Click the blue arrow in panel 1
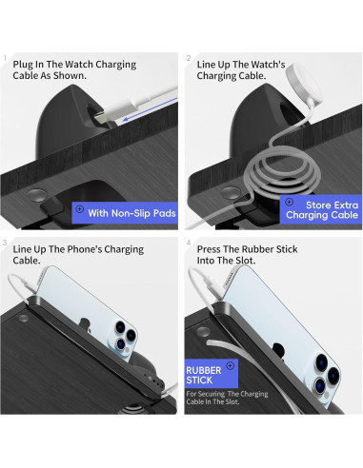point(150,109)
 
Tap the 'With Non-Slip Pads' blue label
point(125,213)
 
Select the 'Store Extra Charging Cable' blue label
point(321,209)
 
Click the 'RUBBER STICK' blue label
point(212,374)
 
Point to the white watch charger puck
point(304,84)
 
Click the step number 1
point(5,58)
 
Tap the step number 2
point(189,58)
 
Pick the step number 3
point(5,243)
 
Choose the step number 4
point(189,243)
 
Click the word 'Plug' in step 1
point(23,65)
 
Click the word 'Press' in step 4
point(209,249)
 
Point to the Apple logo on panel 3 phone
point(85,325)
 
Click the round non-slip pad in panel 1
point(36,195)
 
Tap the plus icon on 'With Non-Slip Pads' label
point(80,209)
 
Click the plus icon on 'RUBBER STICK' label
point(231,366)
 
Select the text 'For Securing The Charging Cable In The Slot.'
point(227,398)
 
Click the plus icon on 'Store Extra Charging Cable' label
point(289,202)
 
